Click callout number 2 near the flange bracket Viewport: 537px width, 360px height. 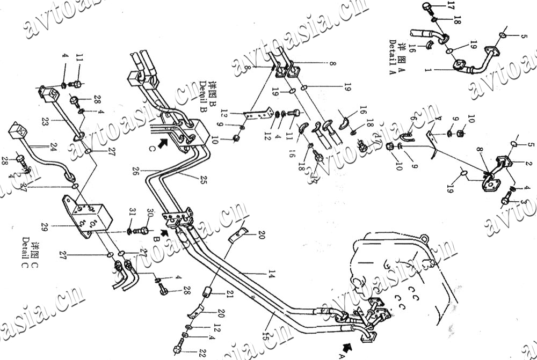pyautogui.click(x=528, y=164)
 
